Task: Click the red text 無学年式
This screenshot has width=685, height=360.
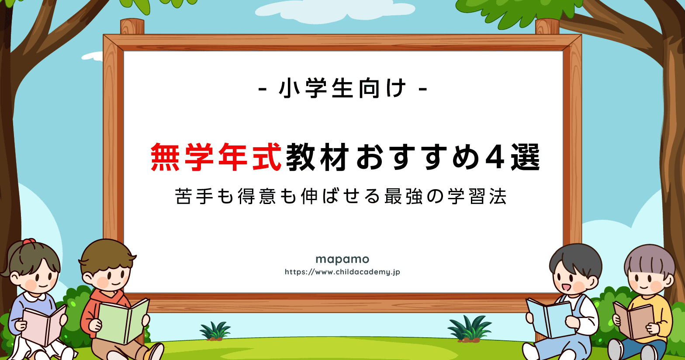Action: (x=216, y=157)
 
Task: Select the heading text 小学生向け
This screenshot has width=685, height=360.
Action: (x=343, y=88)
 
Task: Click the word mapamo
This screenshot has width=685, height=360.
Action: (x=342, y=260)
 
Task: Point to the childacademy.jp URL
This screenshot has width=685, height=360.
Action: (x=342, y=272)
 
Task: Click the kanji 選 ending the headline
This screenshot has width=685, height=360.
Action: (x=526, y=157)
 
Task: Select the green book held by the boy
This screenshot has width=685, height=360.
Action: (x=122, y=321)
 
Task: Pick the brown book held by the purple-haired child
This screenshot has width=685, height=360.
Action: (x=633, y=320)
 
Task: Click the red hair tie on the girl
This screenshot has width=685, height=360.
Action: (x=29, y=242)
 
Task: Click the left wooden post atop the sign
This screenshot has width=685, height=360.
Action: (x=132, y=27)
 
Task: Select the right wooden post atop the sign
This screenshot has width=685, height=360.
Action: (x=547, y=27)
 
